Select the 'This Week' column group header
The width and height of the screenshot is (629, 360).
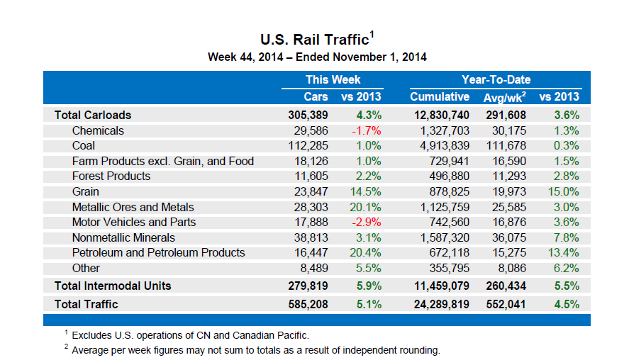tap(333, 79)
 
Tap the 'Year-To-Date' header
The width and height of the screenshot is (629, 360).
tap(496, 79)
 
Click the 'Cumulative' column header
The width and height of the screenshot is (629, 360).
tap(440, 96)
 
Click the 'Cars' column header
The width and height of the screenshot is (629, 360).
tap(316, 96)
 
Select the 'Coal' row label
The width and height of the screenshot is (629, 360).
tap(84, 146)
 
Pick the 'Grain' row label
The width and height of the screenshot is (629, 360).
tap(85, 191)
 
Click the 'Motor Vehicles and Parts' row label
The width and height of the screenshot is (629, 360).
tap(134, 222)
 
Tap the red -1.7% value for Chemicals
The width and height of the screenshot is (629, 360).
tap(367, 130)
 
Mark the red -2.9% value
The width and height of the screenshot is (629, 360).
tap(367, 222)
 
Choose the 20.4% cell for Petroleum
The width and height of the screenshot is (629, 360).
tap(367, 252)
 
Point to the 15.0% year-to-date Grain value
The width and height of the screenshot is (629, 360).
tap(566, 191)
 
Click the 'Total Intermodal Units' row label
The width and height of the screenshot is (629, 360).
tap(113, 286)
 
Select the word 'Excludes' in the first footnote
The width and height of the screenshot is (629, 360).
tap(93, 335)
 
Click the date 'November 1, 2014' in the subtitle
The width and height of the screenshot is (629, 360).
tap(384, 57)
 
